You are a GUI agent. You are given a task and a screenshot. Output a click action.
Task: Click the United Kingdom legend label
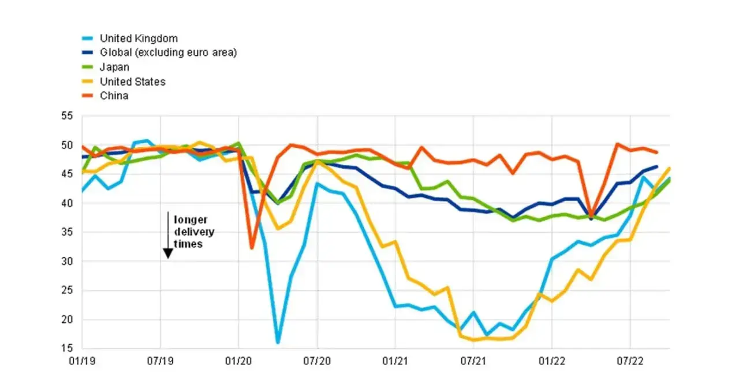point(139,39)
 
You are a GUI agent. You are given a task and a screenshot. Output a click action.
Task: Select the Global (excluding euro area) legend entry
point(169,53)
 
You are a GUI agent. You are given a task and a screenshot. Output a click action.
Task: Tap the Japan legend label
point(114,68)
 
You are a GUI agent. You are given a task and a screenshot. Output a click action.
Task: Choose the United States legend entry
point(133,82)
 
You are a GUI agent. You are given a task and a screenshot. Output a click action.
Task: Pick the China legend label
point(114,96)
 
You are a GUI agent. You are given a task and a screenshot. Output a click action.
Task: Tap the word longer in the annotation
point(191,220)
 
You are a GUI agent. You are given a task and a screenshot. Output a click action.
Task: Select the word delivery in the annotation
point(194,232)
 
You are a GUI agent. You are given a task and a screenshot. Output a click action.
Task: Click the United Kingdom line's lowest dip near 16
point(278,342)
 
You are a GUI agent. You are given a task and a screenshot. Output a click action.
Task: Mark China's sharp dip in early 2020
point(252,248)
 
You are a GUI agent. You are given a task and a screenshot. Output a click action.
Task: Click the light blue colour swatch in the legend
point(87,39)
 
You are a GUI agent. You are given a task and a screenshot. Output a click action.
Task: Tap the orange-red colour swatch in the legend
point(87,96)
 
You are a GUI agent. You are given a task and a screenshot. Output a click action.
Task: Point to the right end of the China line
point(657,152)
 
